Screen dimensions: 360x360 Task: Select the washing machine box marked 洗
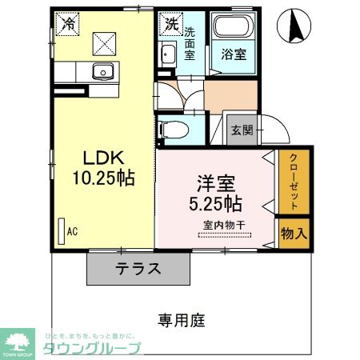170,23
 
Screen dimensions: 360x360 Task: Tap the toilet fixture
171,129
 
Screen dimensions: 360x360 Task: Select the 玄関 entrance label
241,130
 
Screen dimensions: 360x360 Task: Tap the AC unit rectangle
61,231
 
